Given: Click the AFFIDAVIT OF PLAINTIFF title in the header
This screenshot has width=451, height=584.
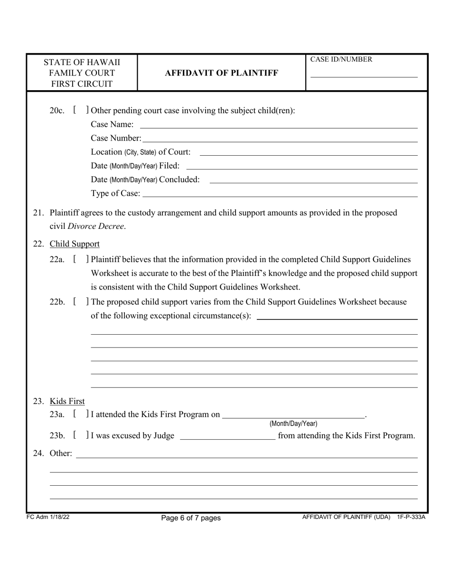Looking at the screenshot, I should point(221,73).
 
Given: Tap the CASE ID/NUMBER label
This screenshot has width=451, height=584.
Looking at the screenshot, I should point(341,59).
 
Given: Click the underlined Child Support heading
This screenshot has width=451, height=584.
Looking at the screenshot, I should point(75,244).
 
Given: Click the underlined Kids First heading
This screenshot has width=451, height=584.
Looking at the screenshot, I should point(67,401).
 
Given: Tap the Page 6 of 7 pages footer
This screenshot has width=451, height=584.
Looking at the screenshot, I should point(191,518).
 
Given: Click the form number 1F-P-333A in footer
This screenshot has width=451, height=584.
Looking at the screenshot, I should point(411,517).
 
